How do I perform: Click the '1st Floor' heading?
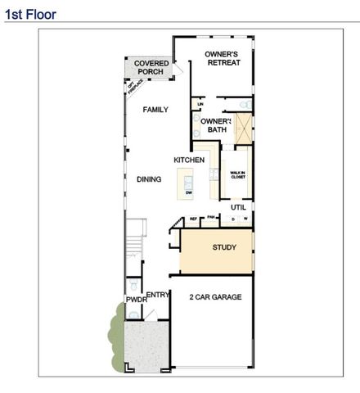click(31, 14)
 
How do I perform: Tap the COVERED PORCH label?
click(151, 67)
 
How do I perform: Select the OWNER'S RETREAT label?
click(223, 58)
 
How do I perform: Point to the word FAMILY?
click(155, 109)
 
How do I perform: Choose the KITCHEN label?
click(188, 160)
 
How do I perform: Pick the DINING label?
click(149, 179)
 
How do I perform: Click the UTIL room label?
click(238, 207)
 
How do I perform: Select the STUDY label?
click(224, 246)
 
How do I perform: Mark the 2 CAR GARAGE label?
click(215, 297)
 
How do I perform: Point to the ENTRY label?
click(157, 294)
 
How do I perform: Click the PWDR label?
click(137, 300)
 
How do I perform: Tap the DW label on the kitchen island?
click(189, 192)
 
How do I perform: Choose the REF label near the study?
click(194, 219)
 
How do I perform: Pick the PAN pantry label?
click(210, 217)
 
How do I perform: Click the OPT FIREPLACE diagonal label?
click(131, 88)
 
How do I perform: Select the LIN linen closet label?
click(200, 104)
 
